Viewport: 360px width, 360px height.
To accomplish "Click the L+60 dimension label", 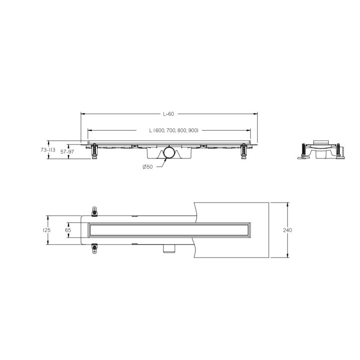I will click(x=169, y=114).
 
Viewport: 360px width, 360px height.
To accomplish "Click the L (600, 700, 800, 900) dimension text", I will click(x=174, y=130).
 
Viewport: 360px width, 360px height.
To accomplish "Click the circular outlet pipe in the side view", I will click(x=169, y=153).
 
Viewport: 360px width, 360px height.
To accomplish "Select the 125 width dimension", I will click(x=47, y=230).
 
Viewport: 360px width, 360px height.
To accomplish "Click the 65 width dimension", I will click(x=69, y=230).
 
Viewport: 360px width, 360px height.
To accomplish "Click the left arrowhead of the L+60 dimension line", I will click(x=83, y=114).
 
